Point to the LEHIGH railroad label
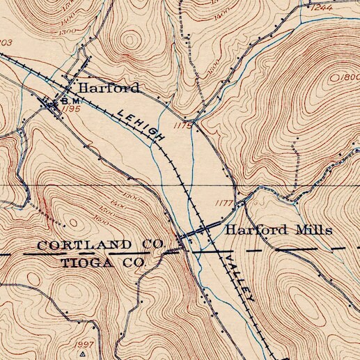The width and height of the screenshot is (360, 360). (141, 125)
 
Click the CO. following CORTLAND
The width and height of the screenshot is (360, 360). (150, 244)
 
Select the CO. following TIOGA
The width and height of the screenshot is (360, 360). (133, 263)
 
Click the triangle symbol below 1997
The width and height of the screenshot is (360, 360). (83, 353)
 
